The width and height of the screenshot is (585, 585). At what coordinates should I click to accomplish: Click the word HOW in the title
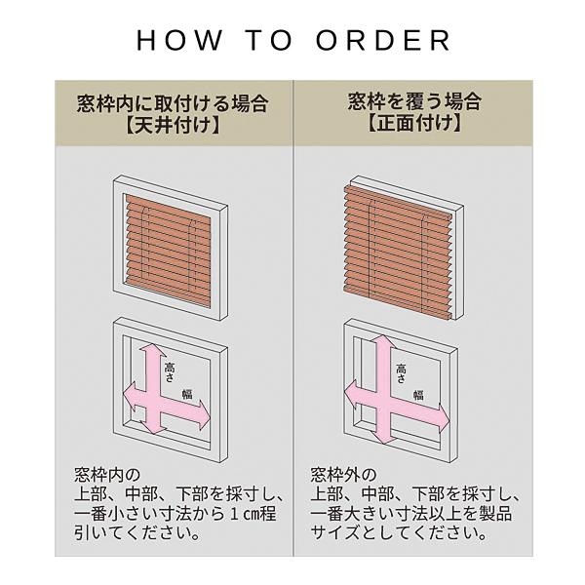click(x=179, y=40)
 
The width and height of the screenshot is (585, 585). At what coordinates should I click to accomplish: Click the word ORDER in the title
click(x=383, y=40)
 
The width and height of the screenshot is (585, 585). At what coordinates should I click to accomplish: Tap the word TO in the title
click(x=269, y=40)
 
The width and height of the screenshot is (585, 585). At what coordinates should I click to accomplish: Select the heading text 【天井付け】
click(x=173, y=125)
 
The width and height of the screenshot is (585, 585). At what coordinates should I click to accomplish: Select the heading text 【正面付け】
click(x=413, y=123)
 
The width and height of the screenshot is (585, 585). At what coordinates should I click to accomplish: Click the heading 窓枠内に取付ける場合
click(x=173, y=102)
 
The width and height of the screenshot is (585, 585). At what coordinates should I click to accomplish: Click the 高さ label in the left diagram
click(x=170, y=371)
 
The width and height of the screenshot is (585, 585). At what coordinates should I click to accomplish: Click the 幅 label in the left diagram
click(x=187, y=394)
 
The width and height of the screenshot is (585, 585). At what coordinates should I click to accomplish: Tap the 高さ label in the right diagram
click(x=401, y=373)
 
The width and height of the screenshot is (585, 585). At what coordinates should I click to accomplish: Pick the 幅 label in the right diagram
click(x=418, y=395)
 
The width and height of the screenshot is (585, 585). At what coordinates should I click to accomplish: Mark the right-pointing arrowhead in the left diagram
click(x=204, y=414)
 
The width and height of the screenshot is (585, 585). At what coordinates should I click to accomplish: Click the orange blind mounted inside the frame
click(x=168, y=250)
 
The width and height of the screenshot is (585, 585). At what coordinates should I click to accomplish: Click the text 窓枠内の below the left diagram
click(x=107, y=475)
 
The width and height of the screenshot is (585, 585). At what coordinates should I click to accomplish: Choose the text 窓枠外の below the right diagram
click(x=343, y=475)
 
